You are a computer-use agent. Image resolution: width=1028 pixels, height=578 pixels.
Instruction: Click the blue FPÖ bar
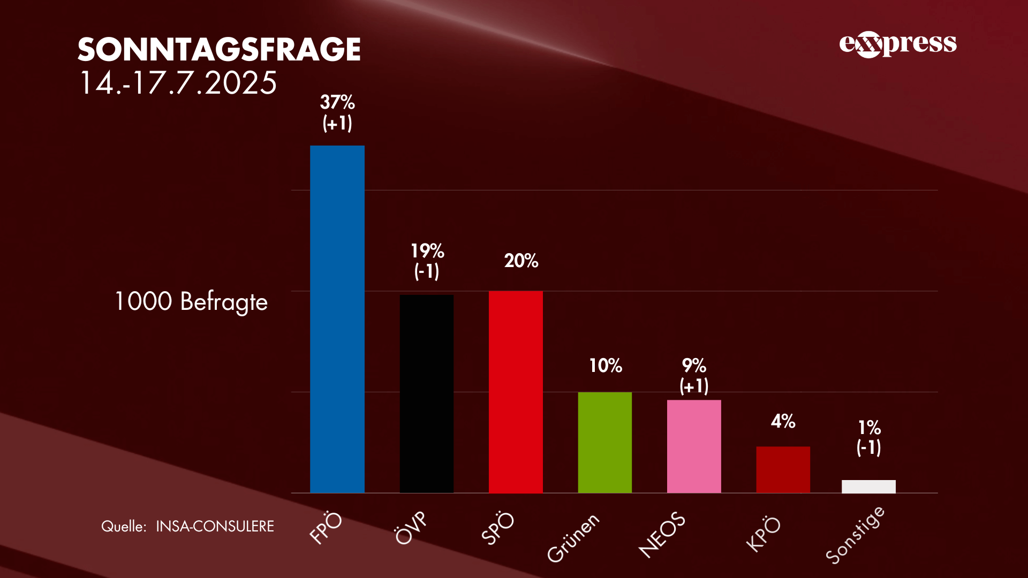[x=337, y=319]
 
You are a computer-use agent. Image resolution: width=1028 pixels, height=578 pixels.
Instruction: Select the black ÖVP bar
[x=427, y=394]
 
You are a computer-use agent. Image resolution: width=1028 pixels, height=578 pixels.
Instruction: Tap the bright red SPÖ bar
[x=516, y=392]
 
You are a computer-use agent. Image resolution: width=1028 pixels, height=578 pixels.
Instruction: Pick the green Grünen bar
[x=605, y=443]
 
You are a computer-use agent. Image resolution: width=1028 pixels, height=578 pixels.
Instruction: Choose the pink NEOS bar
[x=694, y=446]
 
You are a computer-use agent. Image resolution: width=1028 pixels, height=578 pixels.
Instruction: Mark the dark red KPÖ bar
[x=783, y=469]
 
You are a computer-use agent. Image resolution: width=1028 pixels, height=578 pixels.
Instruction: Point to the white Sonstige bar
[x=868, y=486]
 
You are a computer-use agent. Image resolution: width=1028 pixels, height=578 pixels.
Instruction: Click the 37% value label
[x=337, y=102]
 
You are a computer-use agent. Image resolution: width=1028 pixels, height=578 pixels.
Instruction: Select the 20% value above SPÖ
[x=521, y=261]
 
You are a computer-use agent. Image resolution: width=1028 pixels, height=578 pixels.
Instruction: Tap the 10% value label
[x=606, y=366]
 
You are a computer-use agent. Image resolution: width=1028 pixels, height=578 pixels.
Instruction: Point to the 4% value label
[x=783, y=422]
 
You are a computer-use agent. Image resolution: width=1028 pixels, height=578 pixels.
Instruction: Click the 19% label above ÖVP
[x=427, y=251]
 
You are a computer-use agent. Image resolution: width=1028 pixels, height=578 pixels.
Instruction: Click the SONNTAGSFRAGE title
[x=219, y=50]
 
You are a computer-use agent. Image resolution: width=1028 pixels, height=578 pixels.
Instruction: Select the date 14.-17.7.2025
[x=178, y=83]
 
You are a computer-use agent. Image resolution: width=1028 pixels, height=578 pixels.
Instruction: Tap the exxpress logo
[x=898, y=44]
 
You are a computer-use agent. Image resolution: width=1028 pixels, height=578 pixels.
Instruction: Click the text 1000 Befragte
[x=191, y=302]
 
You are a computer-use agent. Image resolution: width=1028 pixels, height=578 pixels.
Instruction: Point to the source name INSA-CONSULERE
[x=215, y=527]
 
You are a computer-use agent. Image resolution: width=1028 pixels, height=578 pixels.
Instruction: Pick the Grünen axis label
[x=573, y=537]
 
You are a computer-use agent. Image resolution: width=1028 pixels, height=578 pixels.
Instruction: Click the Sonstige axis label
[x=855, y=535]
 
